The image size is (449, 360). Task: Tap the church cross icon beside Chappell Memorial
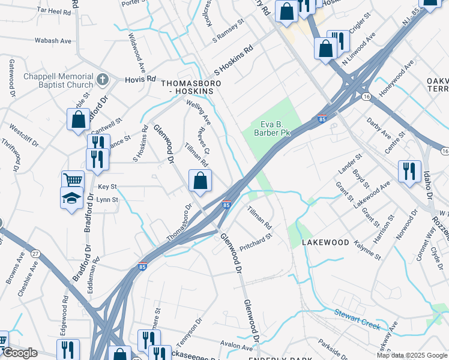pos(103,79)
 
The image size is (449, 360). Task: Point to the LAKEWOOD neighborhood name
pos(325,242)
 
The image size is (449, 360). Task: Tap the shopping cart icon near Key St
pos(72,179)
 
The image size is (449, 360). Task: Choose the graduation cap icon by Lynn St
pos(71,199)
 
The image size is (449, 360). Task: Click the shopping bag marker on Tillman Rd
pos(200,180)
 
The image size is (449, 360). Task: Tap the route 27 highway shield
pos(35,254)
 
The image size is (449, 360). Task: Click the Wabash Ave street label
pos(52,41)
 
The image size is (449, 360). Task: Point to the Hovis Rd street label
pos(140,79)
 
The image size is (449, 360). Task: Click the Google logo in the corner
pos(20,353)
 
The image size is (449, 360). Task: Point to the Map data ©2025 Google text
pos(412,355)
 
